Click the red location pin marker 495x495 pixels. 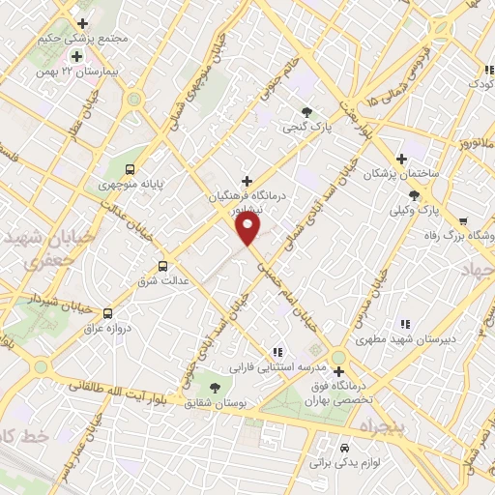tap(248, 228)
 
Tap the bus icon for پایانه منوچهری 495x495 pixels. tap(131, 165)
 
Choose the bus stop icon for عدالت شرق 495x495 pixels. tap(161, 265)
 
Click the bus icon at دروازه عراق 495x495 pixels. tap(108, 313)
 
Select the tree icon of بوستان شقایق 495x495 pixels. tap(213, 384)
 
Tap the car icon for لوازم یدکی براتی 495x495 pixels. tap(345, 449)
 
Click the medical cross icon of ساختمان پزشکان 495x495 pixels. tap(401, 159)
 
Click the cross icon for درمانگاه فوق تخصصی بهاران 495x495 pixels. tap(338, 370)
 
